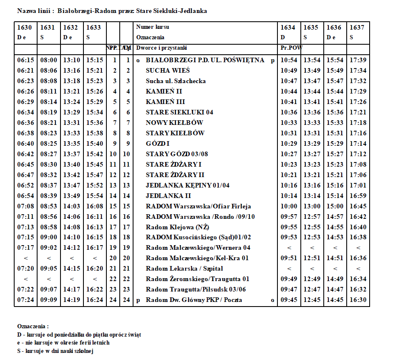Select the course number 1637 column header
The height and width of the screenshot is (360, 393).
coord(357,28)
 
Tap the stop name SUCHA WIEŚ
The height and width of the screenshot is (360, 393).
coord(168,71)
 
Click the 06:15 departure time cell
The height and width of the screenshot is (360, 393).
coord(25,60)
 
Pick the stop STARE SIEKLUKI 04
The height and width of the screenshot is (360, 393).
coord(179,112)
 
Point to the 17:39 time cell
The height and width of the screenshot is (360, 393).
coord(358,60)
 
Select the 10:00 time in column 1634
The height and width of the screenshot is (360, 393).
coord(289,206)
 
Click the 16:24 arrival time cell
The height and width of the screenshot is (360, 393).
coord(95,300)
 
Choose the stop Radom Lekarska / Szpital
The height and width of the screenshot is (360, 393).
coord(184,269)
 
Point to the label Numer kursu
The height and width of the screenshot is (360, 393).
coord(153,28)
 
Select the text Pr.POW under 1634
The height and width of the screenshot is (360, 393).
coord(291,48)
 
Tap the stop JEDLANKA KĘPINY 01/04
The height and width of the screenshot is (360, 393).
coord(188,185)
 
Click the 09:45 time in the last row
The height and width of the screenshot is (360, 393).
coord(289,300)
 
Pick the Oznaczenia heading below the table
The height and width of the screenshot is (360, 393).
coord(33,326)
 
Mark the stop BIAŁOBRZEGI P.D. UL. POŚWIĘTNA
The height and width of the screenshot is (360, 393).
coord(205,60)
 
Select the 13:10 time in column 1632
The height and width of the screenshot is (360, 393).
coord(72,60)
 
